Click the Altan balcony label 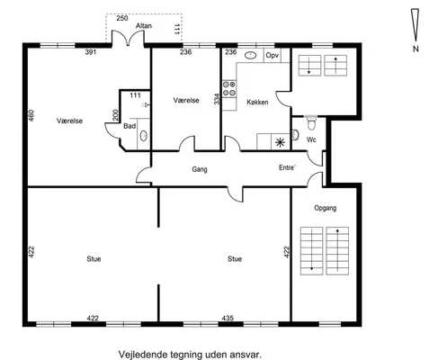[144, 26]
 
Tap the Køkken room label [257, 103]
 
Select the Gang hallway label [200, 169]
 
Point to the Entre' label [287, 167]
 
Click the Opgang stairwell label [326, 208]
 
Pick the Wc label [311, 139]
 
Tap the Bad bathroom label [130, 126]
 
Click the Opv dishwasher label [273, 56]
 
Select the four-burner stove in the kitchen [229, 89]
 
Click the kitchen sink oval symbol [250, 55]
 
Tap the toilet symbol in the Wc [311, 123]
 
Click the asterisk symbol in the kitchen [280, 142]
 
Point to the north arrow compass [416, 25]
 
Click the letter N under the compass [416, 49]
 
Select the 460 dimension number [31, 115]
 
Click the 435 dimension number [228, 318]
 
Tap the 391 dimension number [91, 52]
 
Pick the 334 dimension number [217, 99]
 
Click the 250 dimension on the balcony [122, 18]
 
